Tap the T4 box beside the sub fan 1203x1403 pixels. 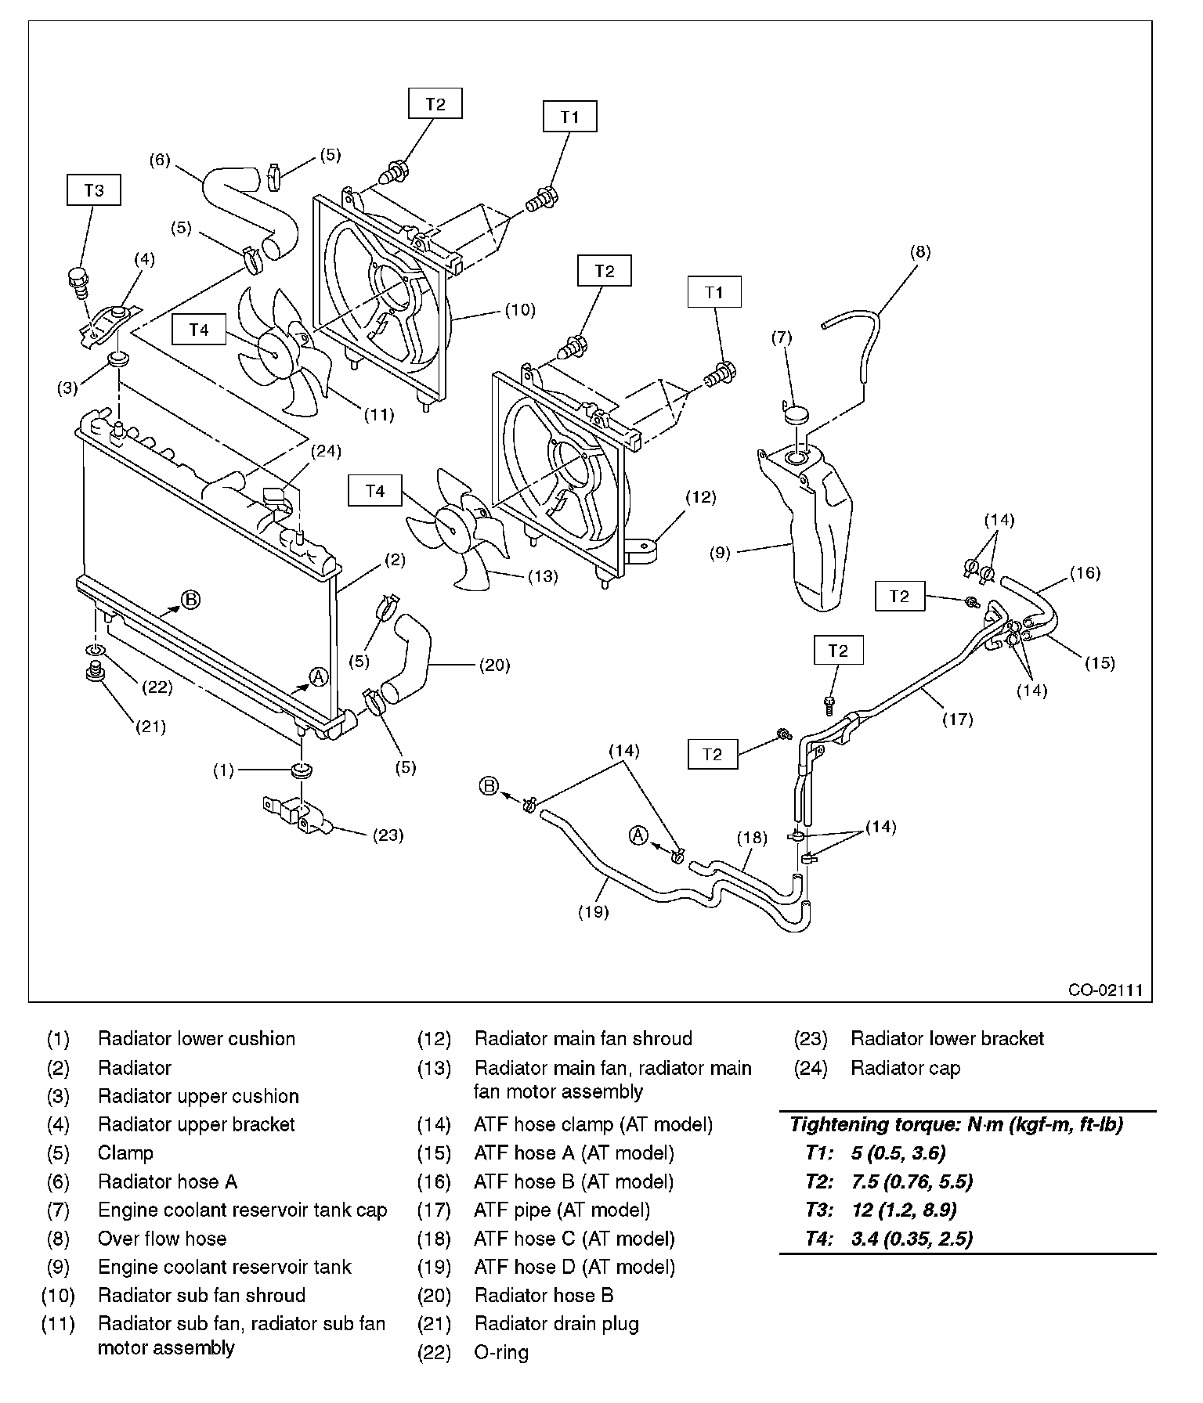(x=199, y=330)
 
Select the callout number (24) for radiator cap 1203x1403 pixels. (x=327, y=451)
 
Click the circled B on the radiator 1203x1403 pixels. (x=191, y=600)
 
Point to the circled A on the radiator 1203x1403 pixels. (x=318, y=677)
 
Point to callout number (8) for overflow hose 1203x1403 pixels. (x=920, y=252)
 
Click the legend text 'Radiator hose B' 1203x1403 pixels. (x=544, y=1296)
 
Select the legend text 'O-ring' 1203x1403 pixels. (x=501, y=1353)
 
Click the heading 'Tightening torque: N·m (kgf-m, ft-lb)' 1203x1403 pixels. (x=956, y=1125)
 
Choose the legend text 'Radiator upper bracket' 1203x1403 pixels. (x=197, y=1125)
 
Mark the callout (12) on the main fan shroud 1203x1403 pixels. (x=700, y=496)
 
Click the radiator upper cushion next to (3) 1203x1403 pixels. (x=117, y=360)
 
